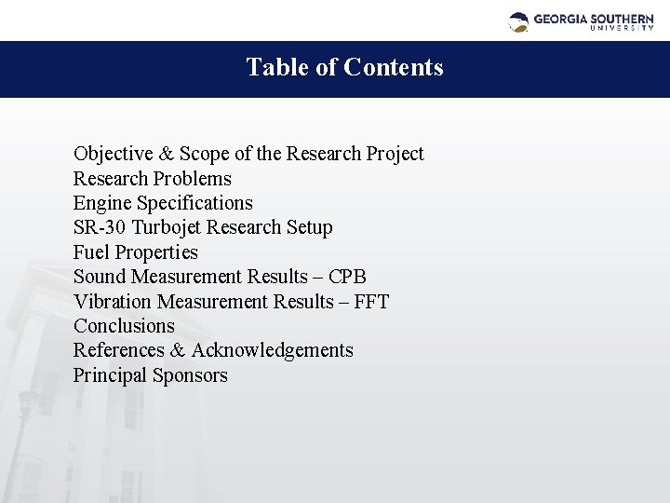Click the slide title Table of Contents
click(x=344, y=68)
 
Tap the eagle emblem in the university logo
click(x=519, y=20)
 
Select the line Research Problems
click(x=153, y=178)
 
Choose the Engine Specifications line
click(x=163, y=202)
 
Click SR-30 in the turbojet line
click(x=101, y=227)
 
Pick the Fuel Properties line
click(x=136, y=251)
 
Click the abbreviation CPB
click(x=348, y=277)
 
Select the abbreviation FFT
click(x=371, y=302)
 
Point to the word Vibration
click(x=113, y=302)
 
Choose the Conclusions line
click(x=124, y=326)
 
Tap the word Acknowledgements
click(x=273, y=350)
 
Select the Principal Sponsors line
click(x=151, y=375)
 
